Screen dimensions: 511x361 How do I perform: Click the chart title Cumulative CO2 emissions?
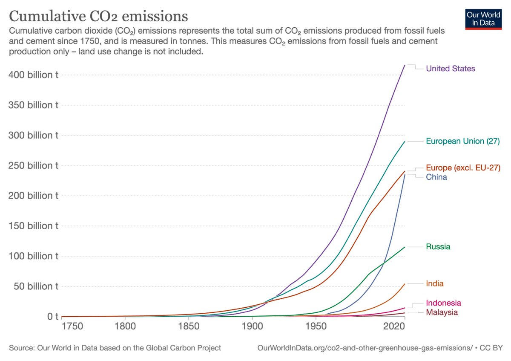point(98,16)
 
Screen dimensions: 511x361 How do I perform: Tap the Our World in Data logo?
point(483,19)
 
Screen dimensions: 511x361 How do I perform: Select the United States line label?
point(451,69)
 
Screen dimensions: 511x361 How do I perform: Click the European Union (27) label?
point(462,141)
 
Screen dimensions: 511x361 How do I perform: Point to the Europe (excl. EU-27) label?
point(463,168)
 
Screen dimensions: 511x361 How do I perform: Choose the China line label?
point(436,177)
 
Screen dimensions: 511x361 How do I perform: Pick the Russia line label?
point(438,247)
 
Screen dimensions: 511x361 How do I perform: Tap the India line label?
point(435,283)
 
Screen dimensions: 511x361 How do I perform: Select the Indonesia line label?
point(443,303)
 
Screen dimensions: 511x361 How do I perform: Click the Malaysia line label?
point(442,312)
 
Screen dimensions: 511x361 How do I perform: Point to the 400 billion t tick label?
point(33,75)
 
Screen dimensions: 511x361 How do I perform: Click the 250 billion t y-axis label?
point(33,165)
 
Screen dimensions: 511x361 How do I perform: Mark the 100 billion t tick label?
point(33,256)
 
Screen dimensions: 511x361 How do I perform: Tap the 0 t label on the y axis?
point(53,317)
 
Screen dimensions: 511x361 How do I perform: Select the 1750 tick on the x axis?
point(72,326)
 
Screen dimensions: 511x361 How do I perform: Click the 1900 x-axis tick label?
point(252,326)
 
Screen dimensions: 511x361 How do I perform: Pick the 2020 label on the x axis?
point(394,326)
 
